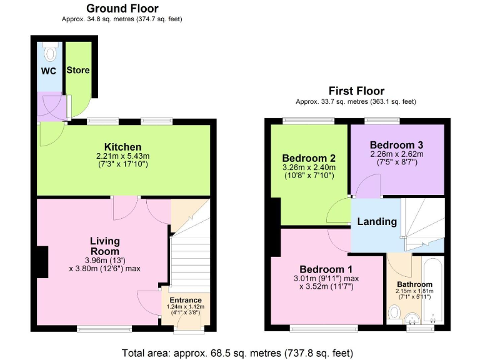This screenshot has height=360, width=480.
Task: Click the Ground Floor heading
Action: pos(122,9)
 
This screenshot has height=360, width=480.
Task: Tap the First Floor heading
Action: pos(356,91)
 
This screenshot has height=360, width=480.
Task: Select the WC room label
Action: pos(49,71)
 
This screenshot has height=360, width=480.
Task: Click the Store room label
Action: pos(78,70)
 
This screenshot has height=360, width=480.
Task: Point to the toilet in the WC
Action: pos(51,48)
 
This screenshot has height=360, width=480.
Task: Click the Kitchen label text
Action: pos(122,147)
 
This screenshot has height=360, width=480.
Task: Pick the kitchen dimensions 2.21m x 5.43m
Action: pos(123,156)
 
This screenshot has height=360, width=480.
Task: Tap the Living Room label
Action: pos(104,246)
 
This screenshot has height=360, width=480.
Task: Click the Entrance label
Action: pos(186,299)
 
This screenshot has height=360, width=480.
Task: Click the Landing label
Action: pos(377,222)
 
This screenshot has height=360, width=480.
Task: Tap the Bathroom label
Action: pos(415,284)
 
